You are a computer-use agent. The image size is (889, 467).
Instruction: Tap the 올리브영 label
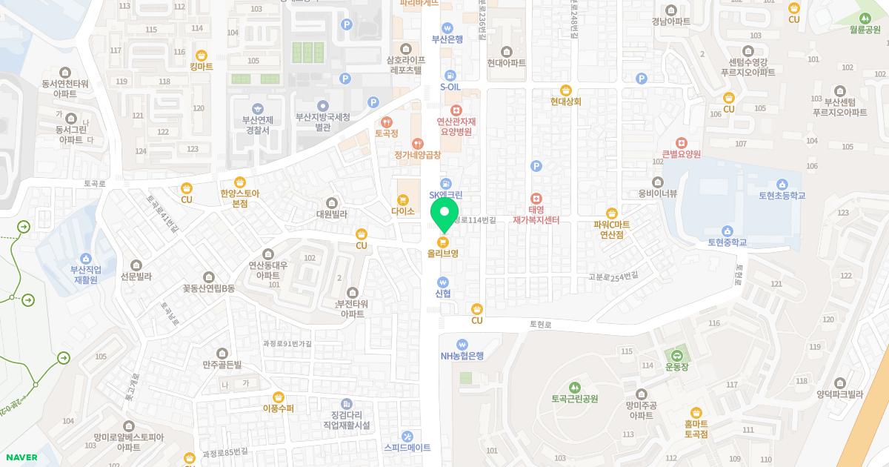(x=443, y=253)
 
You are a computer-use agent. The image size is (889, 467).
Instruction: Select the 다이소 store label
(x=403, y=211)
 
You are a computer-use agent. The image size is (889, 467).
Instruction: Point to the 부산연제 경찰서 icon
(x=256, y=108)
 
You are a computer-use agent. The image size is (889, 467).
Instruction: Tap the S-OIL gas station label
(x=450, y=87)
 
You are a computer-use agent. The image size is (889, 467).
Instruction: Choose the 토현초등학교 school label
(x=782, y=196)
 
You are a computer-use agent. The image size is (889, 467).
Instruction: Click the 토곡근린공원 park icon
(x=574, y=387)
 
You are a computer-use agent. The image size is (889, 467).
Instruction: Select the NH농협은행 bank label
(x=462, y=355)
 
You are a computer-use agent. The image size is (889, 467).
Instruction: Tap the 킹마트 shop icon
(x=202, y=55)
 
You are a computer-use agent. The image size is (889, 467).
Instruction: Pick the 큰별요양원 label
(x=681, y=154)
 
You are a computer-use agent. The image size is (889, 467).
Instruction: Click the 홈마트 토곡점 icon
(x=696, y=412)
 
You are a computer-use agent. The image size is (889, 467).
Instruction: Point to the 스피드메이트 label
(x=407, y=448)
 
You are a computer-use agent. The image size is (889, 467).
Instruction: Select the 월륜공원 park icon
(x=865, y=18)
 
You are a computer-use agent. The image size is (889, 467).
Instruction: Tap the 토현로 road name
(x=540, y=325)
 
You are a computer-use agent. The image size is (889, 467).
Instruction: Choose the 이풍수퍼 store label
(x=279, y=408)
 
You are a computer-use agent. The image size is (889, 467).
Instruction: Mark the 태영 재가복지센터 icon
(x=536, y=199)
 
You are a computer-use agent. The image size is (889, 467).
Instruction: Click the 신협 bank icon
(x=443, y=282)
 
